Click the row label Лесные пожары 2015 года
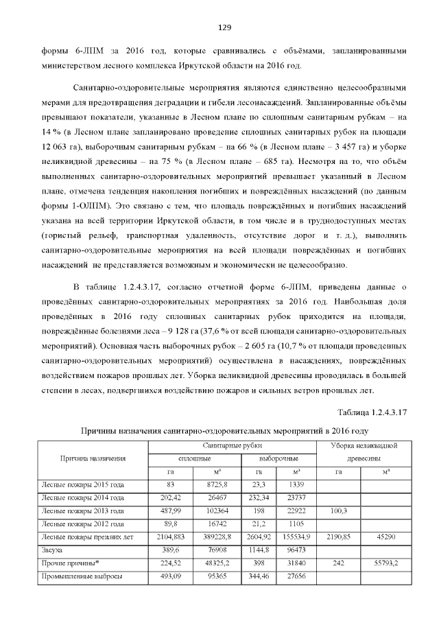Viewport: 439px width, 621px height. [83, 484]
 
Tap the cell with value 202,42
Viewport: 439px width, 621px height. [169, 497]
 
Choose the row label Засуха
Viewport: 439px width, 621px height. [53, 550]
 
